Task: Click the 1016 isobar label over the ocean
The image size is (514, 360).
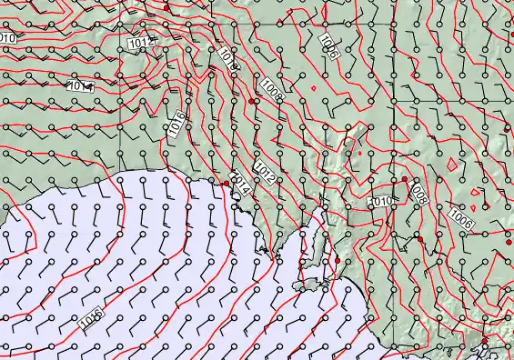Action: click(89, 318)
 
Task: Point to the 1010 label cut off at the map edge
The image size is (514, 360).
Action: click(6, 37)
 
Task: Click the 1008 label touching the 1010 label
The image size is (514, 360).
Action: click(418, 193)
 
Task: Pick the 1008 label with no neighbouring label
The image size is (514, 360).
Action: click(269, 87)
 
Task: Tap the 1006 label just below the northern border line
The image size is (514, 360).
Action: click(328, 46)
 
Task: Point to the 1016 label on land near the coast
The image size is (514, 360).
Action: click(177, 125)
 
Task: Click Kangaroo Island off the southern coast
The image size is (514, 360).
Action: click(315, 285)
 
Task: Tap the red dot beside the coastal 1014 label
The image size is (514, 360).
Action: click(227, 184)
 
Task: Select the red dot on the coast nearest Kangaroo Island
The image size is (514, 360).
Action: click(338, 261)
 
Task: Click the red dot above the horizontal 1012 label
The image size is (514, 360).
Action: click(166, 7)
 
